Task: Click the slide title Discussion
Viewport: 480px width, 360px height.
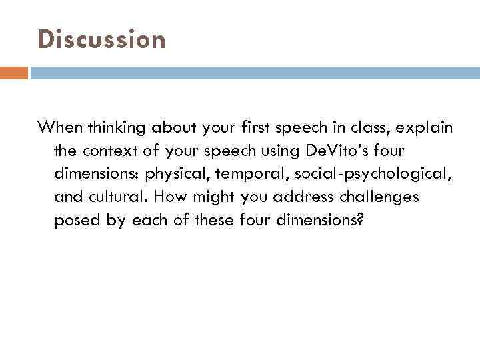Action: (x=101, y=40)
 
